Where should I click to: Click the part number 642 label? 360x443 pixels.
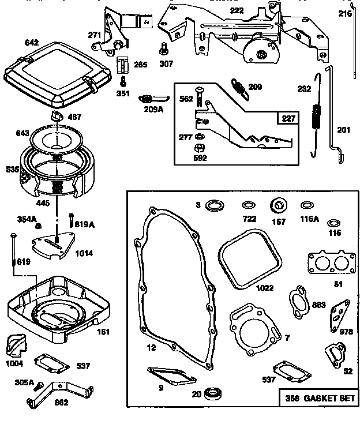pyautogui.click(x=32, y=42)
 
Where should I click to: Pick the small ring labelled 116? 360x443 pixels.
pyautogui.click(x=333, y=223)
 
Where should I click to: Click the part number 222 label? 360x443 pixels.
pyautogui.click(x=237, y=10)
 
